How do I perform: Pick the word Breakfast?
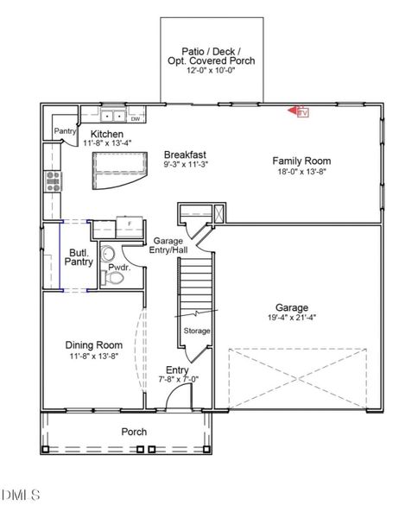pyautogui.click(x=186, y=155)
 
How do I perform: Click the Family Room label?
pyautogui.click(x=301, y=161)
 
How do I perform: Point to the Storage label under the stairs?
pyautogui.click(x=197, y=331)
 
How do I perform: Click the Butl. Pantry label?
pyautogui.click(x=79, y=257)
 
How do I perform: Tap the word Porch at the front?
pyautogui.click(x=134, y=432)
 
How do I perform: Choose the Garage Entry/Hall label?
pyautogui.click(x=169, y=246)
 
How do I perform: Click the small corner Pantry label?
pyautogui.click(x=66, y=131)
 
